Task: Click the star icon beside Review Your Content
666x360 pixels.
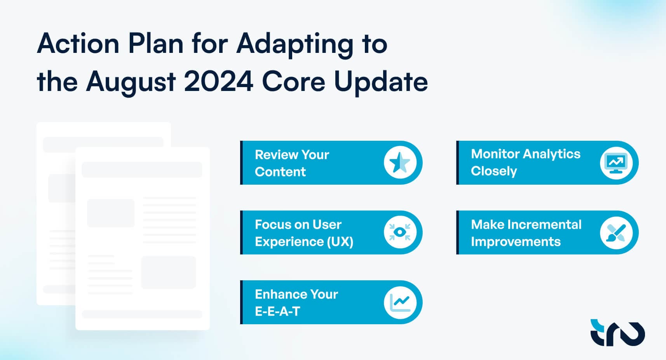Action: (x=400, y=163)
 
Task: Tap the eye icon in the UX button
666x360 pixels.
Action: (x=400, y=232)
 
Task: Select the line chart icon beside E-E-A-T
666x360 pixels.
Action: (x=400, y=302)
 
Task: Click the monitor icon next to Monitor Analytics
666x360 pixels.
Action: (x=616, y=163)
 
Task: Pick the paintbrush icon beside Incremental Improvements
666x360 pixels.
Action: (x=616, y=232)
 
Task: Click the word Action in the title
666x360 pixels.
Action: (x=78, y=44)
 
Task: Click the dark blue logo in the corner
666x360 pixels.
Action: (x=617, y=333)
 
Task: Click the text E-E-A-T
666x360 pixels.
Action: (x=277, y=311)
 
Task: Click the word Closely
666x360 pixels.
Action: (x=494, y=171)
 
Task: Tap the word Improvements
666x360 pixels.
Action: (x=516, y=242)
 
